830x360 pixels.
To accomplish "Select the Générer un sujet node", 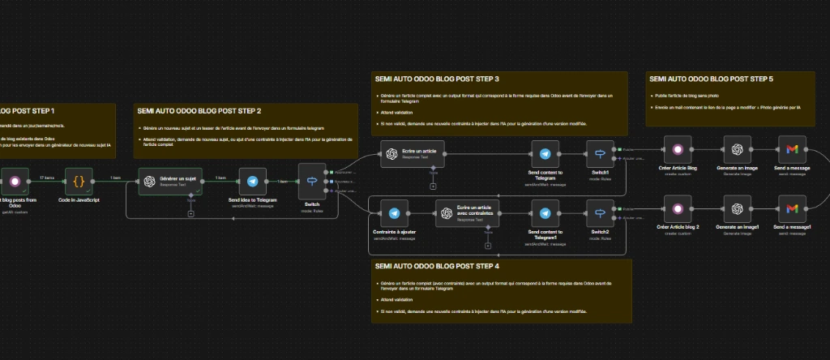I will tap(169, 182).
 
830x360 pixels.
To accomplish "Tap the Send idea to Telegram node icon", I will tap(252, 182).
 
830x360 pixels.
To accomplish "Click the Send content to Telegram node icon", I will tap(545, 154).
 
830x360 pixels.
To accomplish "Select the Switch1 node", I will tap(601, 154).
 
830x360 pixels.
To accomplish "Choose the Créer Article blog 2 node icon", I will tap(677, 209).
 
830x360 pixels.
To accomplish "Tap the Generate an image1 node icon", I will tap(737, 209).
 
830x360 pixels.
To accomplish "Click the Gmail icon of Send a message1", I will tap(792, 209).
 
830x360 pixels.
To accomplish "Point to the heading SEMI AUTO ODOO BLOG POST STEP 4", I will tap(437, 265).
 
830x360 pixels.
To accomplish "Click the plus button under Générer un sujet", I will tap(190, 214).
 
